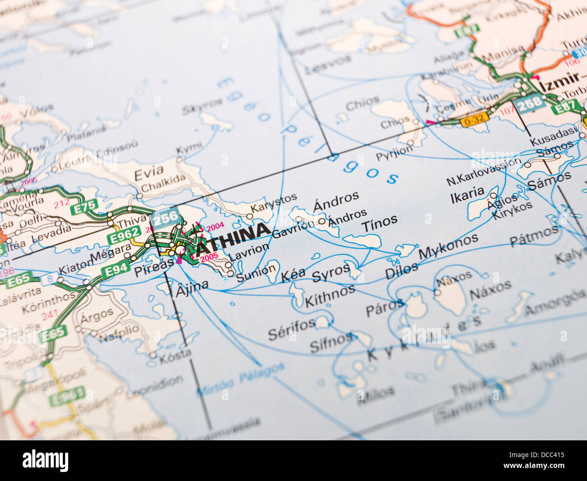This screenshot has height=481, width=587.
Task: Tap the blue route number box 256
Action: click(165, 218)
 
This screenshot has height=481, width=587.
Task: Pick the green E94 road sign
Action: click(115, 270)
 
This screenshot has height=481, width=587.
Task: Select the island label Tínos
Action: click(379, 223)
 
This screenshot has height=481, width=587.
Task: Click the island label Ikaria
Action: click(467, 194)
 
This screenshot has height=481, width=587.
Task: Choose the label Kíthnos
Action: click(330, 295)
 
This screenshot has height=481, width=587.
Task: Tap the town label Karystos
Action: click(274, 203)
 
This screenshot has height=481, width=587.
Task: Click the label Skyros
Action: click(202, 106)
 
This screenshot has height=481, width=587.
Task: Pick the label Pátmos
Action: click(534, 235)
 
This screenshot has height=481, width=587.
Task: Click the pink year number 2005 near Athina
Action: click(209, 257)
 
